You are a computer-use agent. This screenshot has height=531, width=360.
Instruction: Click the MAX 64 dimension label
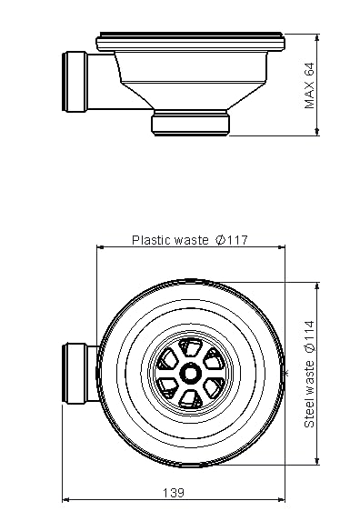[309, 85]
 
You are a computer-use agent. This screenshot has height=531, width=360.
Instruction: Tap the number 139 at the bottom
[174, 493]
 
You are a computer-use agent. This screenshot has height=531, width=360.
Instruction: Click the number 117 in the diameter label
[237, 240]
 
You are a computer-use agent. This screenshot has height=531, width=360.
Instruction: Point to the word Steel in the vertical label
[309, 414]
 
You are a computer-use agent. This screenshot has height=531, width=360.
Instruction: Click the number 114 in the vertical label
[309, 331]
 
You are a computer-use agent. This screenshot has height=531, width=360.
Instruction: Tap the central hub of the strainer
[190, 373]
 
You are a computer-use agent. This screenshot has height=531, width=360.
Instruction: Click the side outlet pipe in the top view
[80, 374]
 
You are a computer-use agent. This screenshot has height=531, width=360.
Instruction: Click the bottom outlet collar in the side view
[190, 123]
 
